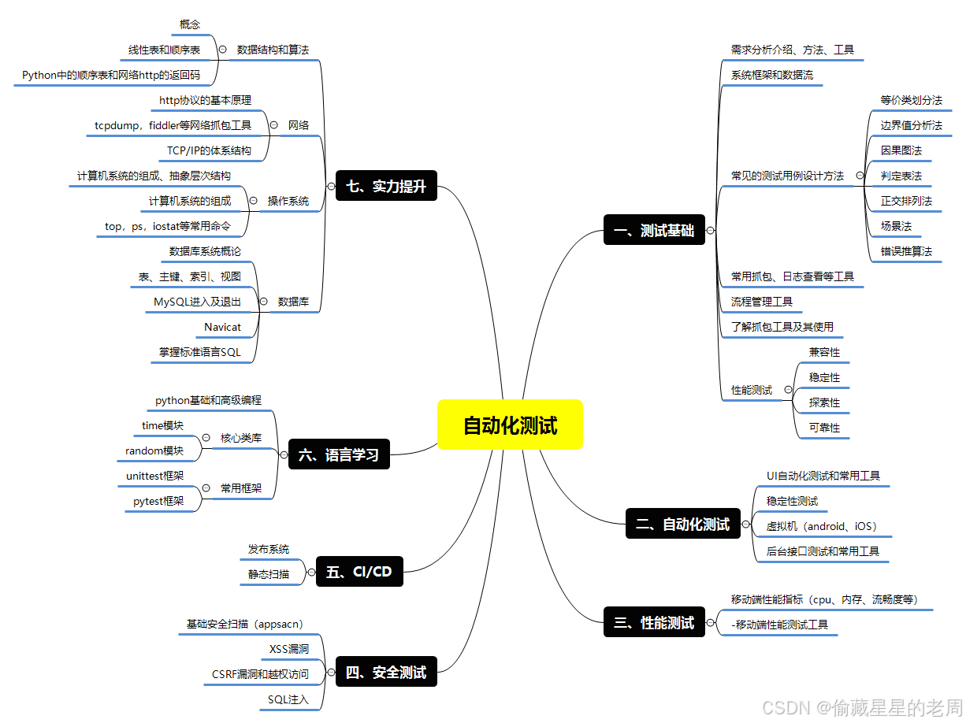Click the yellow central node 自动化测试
510,425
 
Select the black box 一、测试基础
655,231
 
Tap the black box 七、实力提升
386,187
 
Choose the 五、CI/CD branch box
359,572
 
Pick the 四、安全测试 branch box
386,673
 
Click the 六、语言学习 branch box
340,454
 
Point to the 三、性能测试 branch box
655,622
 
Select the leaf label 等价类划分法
911,100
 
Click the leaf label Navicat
222,327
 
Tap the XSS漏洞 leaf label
289,649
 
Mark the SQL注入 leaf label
288,699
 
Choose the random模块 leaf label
154,450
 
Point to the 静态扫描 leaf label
269,574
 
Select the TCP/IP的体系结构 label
209,150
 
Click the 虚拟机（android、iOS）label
822,526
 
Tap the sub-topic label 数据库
294,302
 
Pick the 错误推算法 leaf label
906,251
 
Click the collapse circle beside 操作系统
253,201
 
